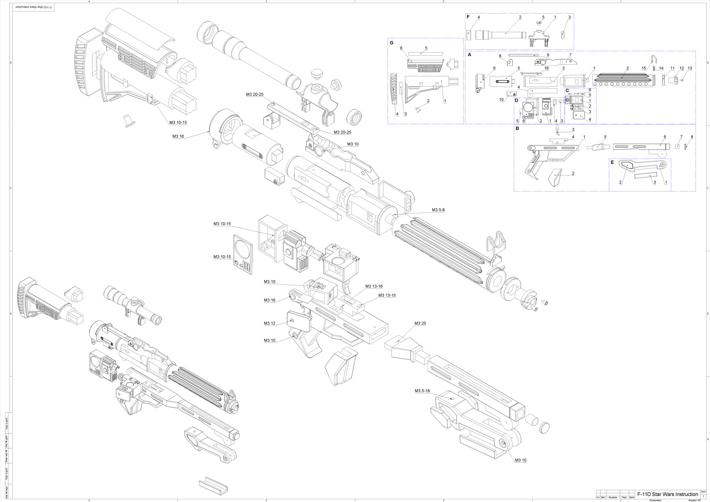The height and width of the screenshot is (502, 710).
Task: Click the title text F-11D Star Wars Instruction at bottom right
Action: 667,494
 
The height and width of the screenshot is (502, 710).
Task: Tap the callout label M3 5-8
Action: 438,210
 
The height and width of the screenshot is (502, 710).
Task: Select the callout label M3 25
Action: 420,323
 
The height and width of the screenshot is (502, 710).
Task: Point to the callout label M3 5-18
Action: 422,391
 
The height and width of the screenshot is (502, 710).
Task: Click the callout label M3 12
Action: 269,323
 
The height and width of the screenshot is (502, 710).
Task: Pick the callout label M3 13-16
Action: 374,286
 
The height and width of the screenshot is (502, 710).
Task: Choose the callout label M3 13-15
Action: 387,295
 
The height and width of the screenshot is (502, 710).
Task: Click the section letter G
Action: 391,42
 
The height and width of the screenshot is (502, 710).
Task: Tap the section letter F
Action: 468,17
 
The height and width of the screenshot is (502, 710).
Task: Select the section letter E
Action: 612,162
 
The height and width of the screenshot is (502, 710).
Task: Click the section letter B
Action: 517,128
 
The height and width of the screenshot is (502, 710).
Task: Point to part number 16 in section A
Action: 546,68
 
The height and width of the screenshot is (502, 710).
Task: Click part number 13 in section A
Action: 690,68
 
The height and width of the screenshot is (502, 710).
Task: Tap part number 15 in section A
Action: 644,68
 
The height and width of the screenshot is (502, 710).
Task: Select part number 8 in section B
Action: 691,137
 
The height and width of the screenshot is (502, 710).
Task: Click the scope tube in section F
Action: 501,35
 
